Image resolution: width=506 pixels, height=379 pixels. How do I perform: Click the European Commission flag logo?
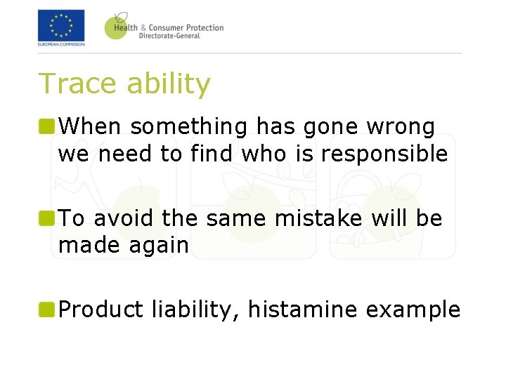coord(61,25)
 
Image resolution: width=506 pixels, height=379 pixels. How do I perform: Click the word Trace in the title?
coord(77,84)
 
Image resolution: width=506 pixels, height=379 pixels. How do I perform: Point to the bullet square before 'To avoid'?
coord(47,219)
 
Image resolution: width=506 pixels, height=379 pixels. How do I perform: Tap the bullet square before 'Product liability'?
coord(47,310)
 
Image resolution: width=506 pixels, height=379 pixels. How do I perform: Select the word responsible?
coord(384,154)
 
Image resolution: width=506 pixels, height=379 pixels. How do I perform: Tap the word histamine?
coord(299,310)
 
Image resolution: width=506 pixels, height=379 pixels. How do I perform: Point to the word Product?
coord(101,310)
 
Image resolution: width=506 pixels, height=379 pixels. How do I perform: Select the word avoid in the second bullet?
coord(125,218)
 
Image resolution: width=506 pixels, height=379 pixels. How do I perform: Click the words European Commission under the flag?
coord(61,44)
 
